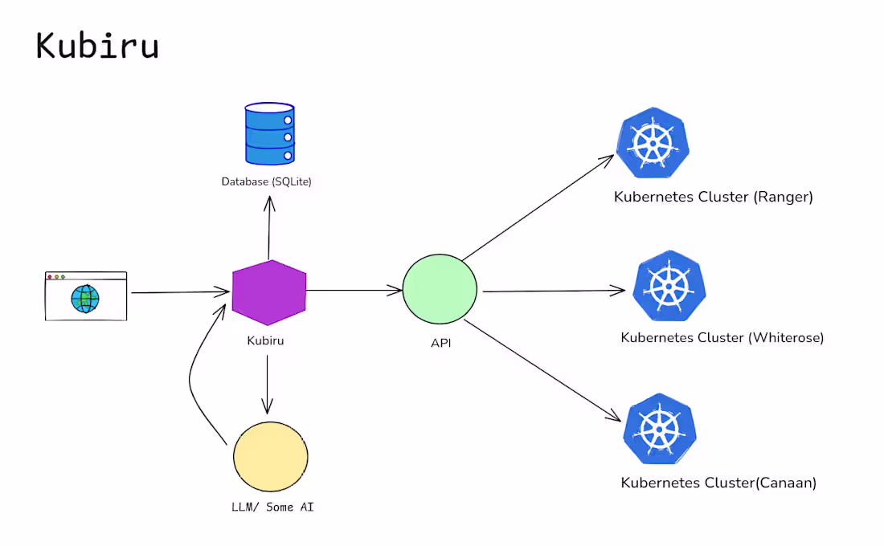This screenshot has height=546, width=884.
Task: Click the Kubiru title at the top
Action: click(x=97, y=46)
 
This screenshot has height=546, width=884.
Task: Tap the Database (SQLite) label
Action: click(x=266, y=182)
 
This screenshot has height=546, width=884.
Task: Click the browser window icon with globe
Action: click(x=85, y=296)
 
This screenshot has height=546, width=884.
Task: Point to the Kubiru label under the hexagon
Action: click(x=265, y=340)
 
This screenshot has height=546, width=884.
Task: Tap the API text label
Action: click(x=441, y=344)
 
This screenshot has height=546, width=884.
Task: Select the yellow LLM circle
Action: click(x=271, y=456)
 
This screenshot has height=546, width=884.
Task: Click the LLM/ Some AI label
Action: click(x=268, y=507)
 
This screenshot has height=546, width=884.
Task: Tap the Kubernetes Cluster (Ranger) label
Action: click(x=713, y=197)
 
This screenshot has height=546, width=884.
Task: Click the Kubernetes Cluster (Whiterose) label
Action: click(x=722, y=337)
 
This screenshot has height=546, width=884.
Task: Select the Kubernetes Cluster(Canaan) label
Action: click(x=718, y=483)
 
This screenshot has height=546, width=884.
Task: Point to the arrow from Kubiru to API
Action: click(x=354, y=290)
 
